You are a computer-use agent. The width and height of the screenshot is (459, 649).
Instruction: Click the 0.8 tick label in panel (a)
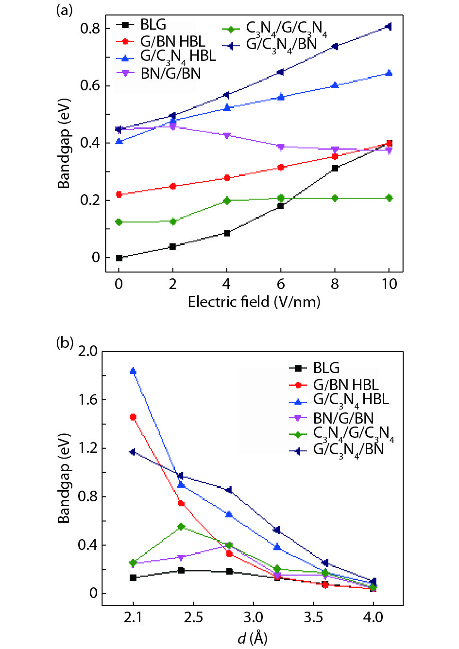pos(90,29)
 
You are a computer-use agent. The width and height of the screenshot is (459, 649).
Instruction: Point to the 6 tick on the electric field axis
pos(280,284)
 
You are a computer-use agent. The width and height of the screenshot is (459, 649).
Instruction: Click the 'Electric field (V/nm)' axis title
pos(254,302)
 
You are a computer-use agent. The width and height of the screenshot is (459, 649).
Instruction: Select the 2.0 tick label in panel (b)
pos(87,351)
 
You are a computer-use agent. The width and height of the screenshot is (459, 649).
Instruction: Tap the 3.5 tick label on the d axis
pos(313,617)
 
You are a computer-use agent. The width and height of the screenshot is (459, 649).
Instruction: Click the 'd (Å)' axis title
pos(253,637)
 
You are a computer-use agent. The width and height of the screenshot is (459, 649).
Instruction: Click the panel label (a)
pos(64,10)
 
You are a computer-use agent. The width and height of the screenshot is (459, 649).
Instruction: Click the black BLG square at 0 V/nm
pos(119,258)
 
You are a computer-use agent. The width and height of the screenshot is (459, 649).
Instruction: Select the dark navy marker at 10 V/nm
pos(389,26)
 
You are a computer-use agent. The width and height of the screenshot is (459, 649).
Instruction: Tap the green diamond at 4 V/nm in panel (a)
pos(227,200)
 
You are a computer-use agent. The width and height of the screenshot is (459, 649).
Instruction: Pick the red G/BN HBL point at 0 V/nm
pos(119,194)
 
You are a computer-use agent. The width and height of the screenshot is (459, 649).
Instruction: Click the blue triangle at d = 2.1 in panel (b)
pos(133,371)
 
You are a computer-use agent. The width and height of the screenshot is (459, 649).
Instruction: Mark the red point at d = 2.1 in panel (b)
pos(133,417)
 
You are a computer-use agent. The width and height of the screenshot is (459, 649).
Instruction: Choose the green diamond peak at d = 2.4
pos(181,527)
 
